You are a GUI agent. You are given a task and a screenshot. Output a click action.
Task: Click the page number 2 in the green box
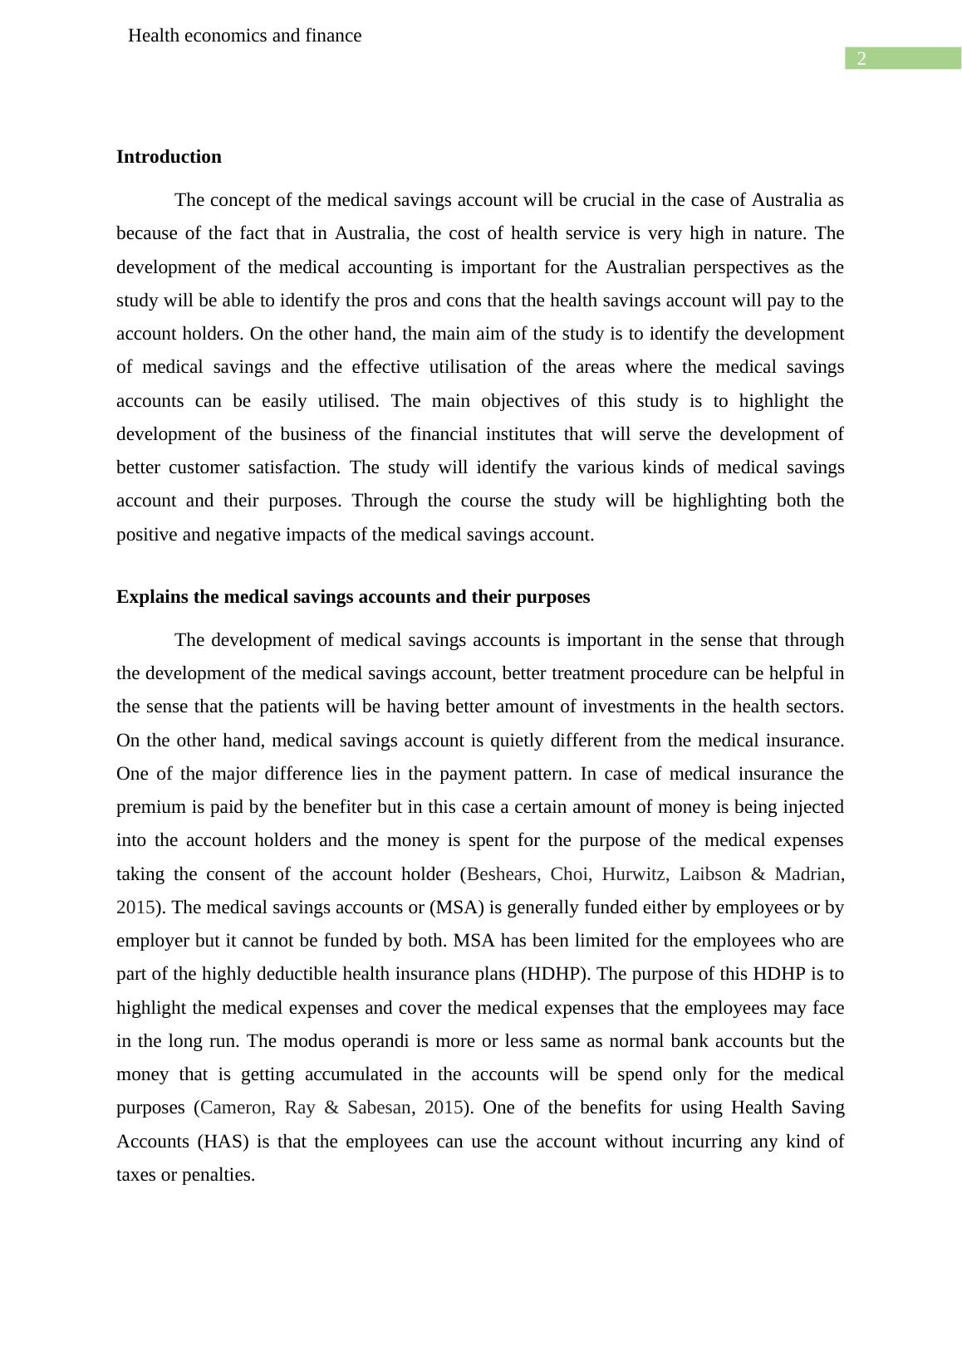861,58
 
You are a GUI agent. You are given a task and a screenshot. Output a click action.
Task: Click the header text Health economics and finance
245,36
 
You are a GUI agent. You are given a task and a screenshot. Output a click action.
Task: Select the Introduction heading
169,157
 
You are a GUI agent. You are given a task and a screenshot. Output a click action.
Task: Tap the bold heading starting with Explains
353,597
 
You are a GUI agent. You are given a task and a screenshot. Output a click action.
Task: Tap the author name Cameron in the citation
237,1108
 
